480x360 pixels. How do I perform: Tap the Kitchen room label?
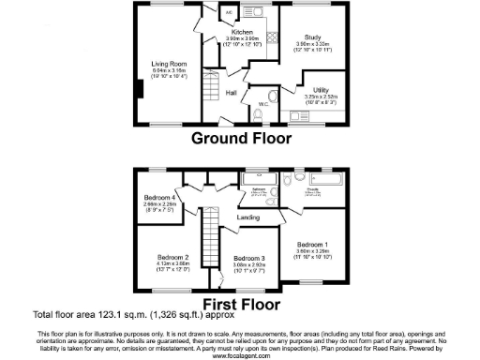tap(243, 31)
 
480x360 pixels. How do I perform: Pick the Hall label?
tap(232, 93)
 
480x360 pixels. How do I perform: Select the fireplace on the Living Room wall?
tap(138, 90)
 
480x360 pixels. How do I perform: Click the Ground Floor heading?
tap(241, 138)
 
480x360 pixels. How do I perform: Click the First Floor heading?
tap(242, 305)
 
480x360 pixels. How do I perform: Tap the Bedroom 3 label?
tap(249, 258)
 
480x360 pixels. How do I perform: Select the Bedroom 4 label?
tap(158, 198)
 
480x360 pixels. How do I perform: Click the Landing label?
tap(248, 217)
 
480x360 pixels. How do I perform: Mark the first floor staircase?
tap(210, 230)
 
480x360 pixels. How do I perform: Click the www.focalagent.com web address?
tap(240, 355)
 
